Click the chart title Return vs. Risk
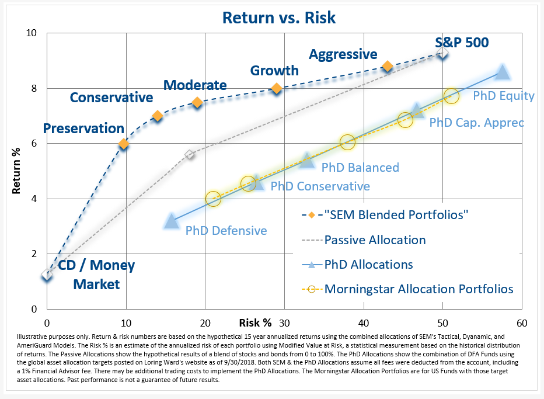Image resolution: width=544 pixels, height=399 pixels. [x=279, y=18]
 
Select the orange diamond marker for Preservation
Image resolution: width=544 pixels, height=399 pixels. [x=123, y=144]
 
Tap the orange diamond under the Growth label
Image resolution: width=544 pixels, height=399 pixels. [x=277, y=88]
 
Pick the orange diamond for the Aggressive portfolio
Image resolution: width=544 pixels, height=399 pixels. [x=387, y=67]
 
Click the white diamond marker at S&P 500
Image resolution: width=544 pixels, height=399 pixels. [x=442, y=53]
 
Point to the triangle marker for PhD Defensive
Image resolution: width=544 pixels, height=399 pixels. [x=171, y=221]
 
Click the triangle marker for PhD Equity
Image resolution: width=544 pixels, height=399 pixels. [x=502, y=72]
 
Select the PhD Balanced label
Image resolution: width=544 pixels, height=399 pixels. [x=360, y=168]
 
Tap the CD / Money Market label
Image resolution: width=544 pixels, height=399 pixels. [x=96, y=275]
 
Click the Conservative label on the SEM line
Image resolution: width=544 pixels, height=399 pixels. [x=111, y=98]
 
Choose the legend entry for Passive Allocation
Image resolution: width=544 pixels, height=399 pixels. [x=375, y=240]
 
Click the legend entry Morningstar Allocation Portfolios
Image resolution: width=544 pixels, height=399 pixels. [x=419, y=289]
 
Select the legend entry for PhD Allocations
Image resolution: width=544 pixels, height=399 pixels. [x=368, y=264]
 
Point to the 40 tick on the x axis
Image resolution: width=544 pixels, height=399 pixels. [x=364, y=323]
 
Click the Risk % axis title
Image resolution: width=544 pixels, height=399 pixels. [x=255, y=322]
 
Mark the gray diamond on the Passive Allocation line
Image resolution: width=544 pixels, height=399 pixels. [x=189, y=154]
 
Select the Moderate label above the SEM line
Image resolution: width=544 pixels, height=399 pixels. [x=195, y=85]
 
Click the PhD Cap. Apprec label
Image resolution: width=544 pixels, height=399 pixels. [x=476, y=123]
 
